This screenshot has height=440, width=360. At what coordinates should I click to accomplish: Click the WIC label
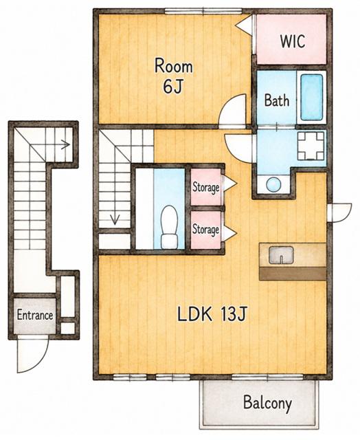tap(293, 41)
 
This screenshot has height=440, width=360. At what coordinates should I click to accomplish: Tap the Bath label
tap(277, 100)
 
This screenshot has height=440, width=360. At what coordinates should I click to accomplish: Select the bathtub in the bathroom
tap(311, 97)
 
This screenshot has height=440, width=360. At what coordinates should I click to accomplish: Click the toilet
tap(170, 227)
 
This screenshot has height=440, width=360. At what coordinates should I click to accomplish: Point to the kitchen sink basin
tap(281, 255)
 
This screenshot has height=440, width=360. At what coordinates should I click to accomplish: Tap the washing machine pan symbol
tap(311, 146)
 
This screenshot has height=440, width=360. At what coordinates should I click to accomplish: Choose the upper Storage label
tap(206, 187)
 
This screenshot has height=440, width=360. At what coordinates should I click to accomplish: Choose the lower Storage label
tap(205, 230)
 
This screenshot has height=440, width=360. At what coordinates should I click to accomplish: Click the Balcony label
tap(267, 403)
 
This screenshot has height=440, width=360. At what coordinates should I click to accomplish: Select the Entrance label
tap(35, 315)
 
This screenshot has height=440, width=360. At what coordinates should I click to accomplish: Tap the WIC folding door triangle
tap(244, 25)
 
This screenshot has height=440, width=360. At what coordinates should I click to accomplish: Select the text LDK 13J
tap(212, 314)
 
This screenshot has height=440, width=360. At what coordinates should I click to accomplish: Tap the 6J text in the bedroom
tap(173, 87)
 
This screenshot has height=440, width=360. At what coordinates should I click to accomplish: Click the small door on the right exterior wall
tap(340, 212)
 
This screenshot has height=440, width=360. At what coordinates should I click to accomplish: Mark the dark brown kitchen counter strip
tap(293, 274)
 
